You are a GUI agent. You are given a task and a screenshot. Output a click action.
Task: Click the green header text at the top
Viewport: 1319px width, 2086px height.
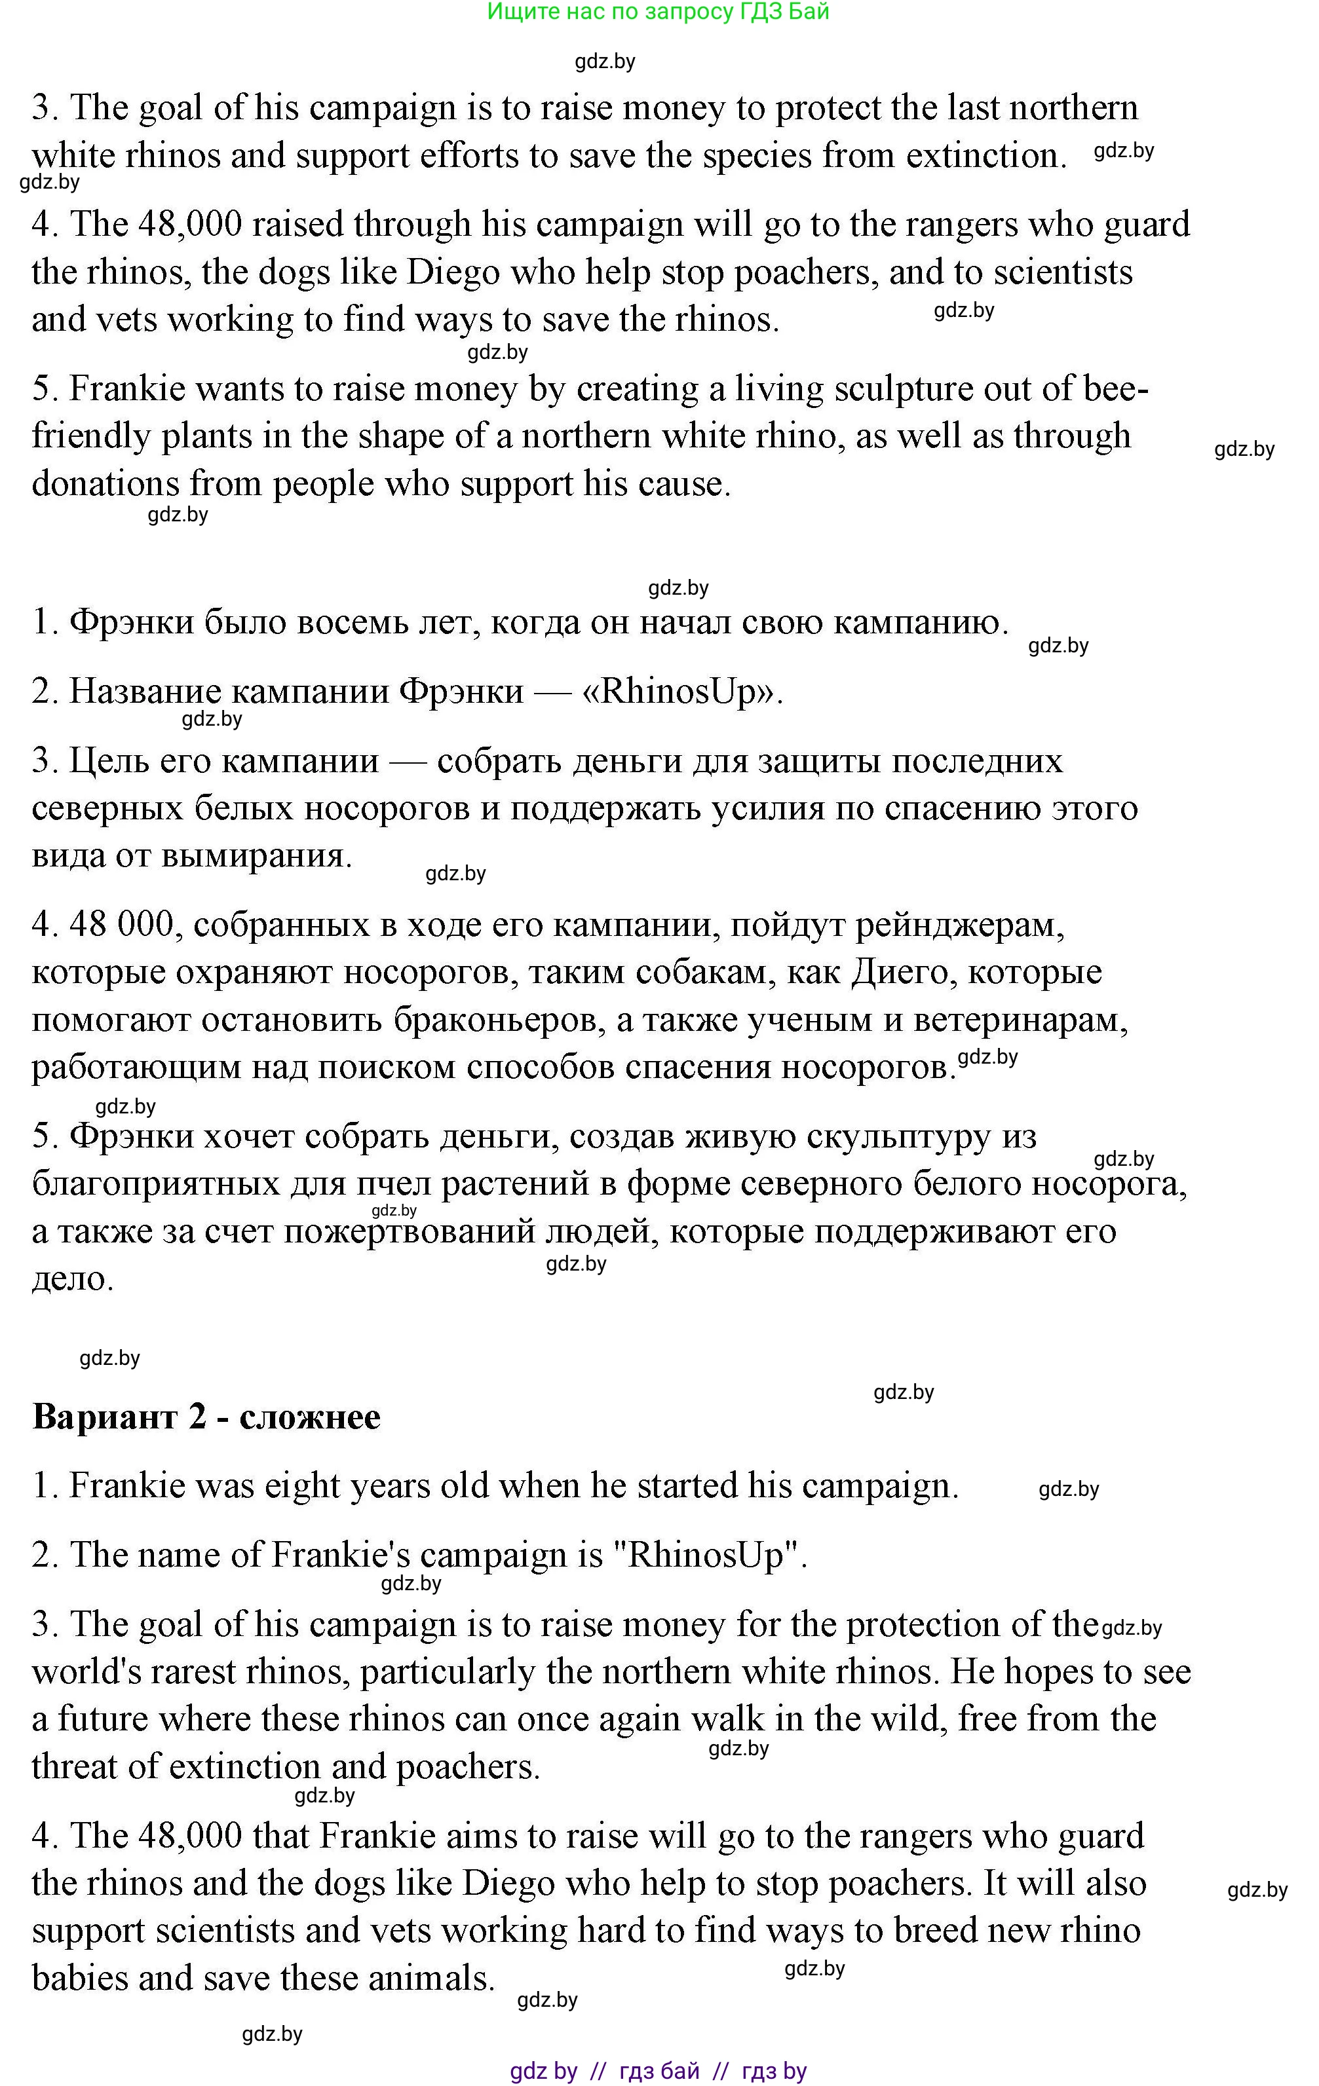coord(658,12)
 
